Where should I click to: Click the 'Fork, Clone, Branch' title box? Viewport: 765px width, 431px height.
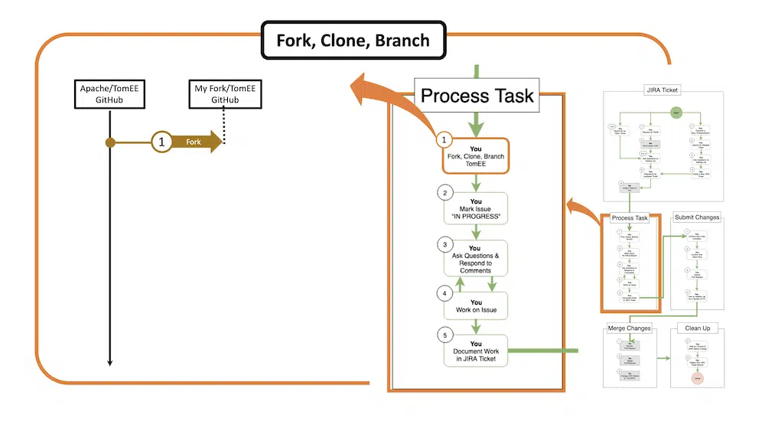[x=353, y=40]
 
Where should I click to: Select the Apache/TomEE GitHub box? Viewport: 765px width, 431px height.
[x=109, y=94]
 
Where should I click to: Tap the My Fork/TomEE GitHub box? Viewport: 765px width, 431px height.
[x=225, y=94]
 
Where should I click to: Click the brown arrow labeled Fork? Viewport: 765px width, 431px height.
[x=195, y=142]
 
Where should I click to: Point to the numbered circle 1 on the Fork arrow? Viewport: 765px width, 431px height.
[x=161, y=142]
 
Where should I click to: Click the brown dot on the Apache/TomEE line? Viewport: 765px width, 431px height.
[x=110, y=142]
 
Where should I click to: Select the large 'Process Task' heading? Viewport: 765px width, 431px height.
[x=477, y=96]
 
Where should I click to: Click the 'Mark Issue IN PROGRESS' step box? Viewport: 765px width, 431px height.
[x=476, y=208]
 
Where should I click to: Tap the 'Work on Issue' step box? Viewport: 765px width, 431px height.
[x=476, y=305]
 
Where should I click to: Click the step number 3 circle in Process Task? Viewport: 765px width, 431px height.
[x=444, y=245]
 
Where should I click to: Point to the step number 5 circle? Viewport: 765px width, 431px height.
[x=444, y=335]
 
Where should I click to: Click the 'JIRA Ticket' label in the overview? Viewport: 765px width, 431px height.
[x=662, y=90]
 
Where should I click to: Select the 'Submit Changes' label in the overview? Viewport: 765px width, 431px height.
[x=696, y=217]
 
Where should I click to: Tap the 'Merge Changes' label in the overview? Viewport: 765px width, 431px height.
[x=629, y=328]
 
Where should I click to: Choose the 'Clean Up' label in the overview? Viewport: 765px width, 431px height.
[x=696, y=328]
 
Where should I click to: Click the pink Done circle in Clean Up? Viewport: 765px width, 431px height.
[x=697, y=377]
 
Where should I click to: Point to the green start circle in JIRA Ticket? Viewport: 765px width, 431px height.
[x=676, y=113]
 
